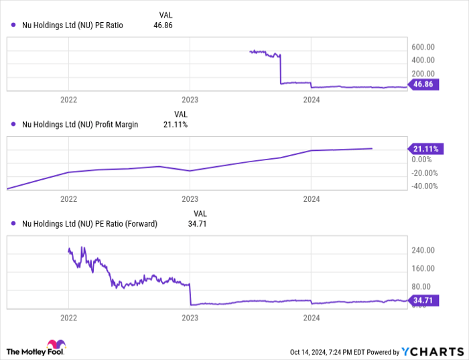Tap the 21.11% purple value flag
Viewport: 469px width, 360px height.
[x=423, y=148]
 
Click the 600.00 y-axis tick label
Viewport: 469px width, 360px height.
[x=423, y=47]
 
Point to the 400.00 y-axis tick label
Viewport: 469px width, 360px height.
[x=423, y=60]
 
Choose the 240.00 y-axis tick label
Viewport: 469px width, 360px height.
[x=423, y=251]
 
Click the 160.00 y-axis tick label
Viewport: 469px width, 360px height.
[x=423, y=269]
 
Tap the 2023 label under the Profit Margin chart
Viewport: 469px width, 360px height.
[x=190, y=199]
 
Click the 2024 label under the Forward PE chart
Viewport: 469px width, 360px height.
[x=311, y=317]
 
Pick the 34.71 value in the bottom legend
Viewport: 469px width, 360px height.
[x=196, y=224]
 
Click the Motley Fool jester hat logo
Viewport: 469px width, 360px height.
[x=14, y=349]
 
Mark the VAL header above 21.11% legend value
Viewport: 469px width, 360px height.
[x=181, y=114]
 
